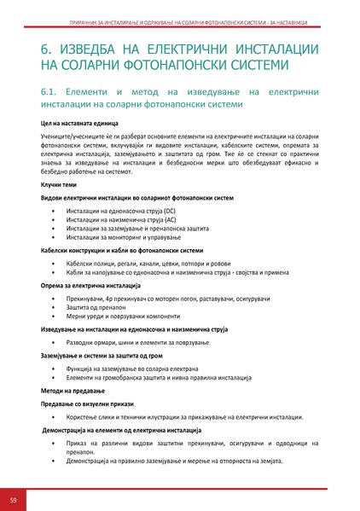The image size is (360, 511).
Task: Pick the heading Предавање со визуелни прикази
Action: (x=90, y=402)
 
